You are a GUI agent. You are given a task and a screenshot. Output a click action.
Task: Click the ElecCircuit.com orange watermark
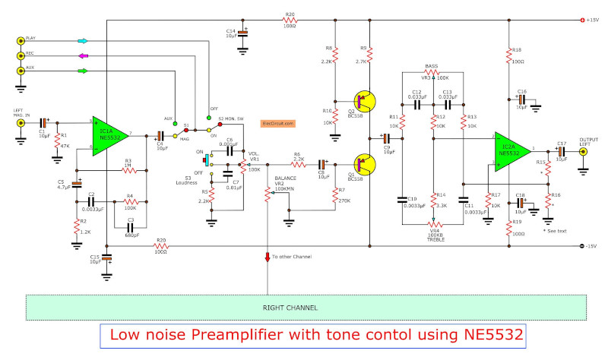click(x=277, y=123)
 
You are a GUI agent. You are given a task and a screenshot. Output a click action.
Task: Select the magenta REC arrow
click(x=82, y=55)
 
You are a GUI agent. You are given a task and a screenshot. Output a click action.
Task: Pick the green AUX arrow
click(x=82, y=71)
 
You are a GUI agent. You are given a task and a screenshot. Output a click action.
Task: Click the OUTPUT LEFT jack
click(x=584, y=151)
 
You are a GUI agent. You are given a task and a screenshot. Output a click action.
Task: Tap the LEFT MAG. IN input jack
click(x=21, y=122)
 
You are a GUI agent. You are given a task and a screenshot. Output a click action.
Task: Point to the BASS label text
click(x=432, y=66)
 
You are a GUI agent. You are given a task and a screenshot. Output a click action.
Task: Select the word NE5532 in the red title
click(x=487, y=334)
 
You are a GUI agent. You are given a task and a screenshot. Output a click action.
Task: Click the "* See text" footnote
click(x=556, y=230)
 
